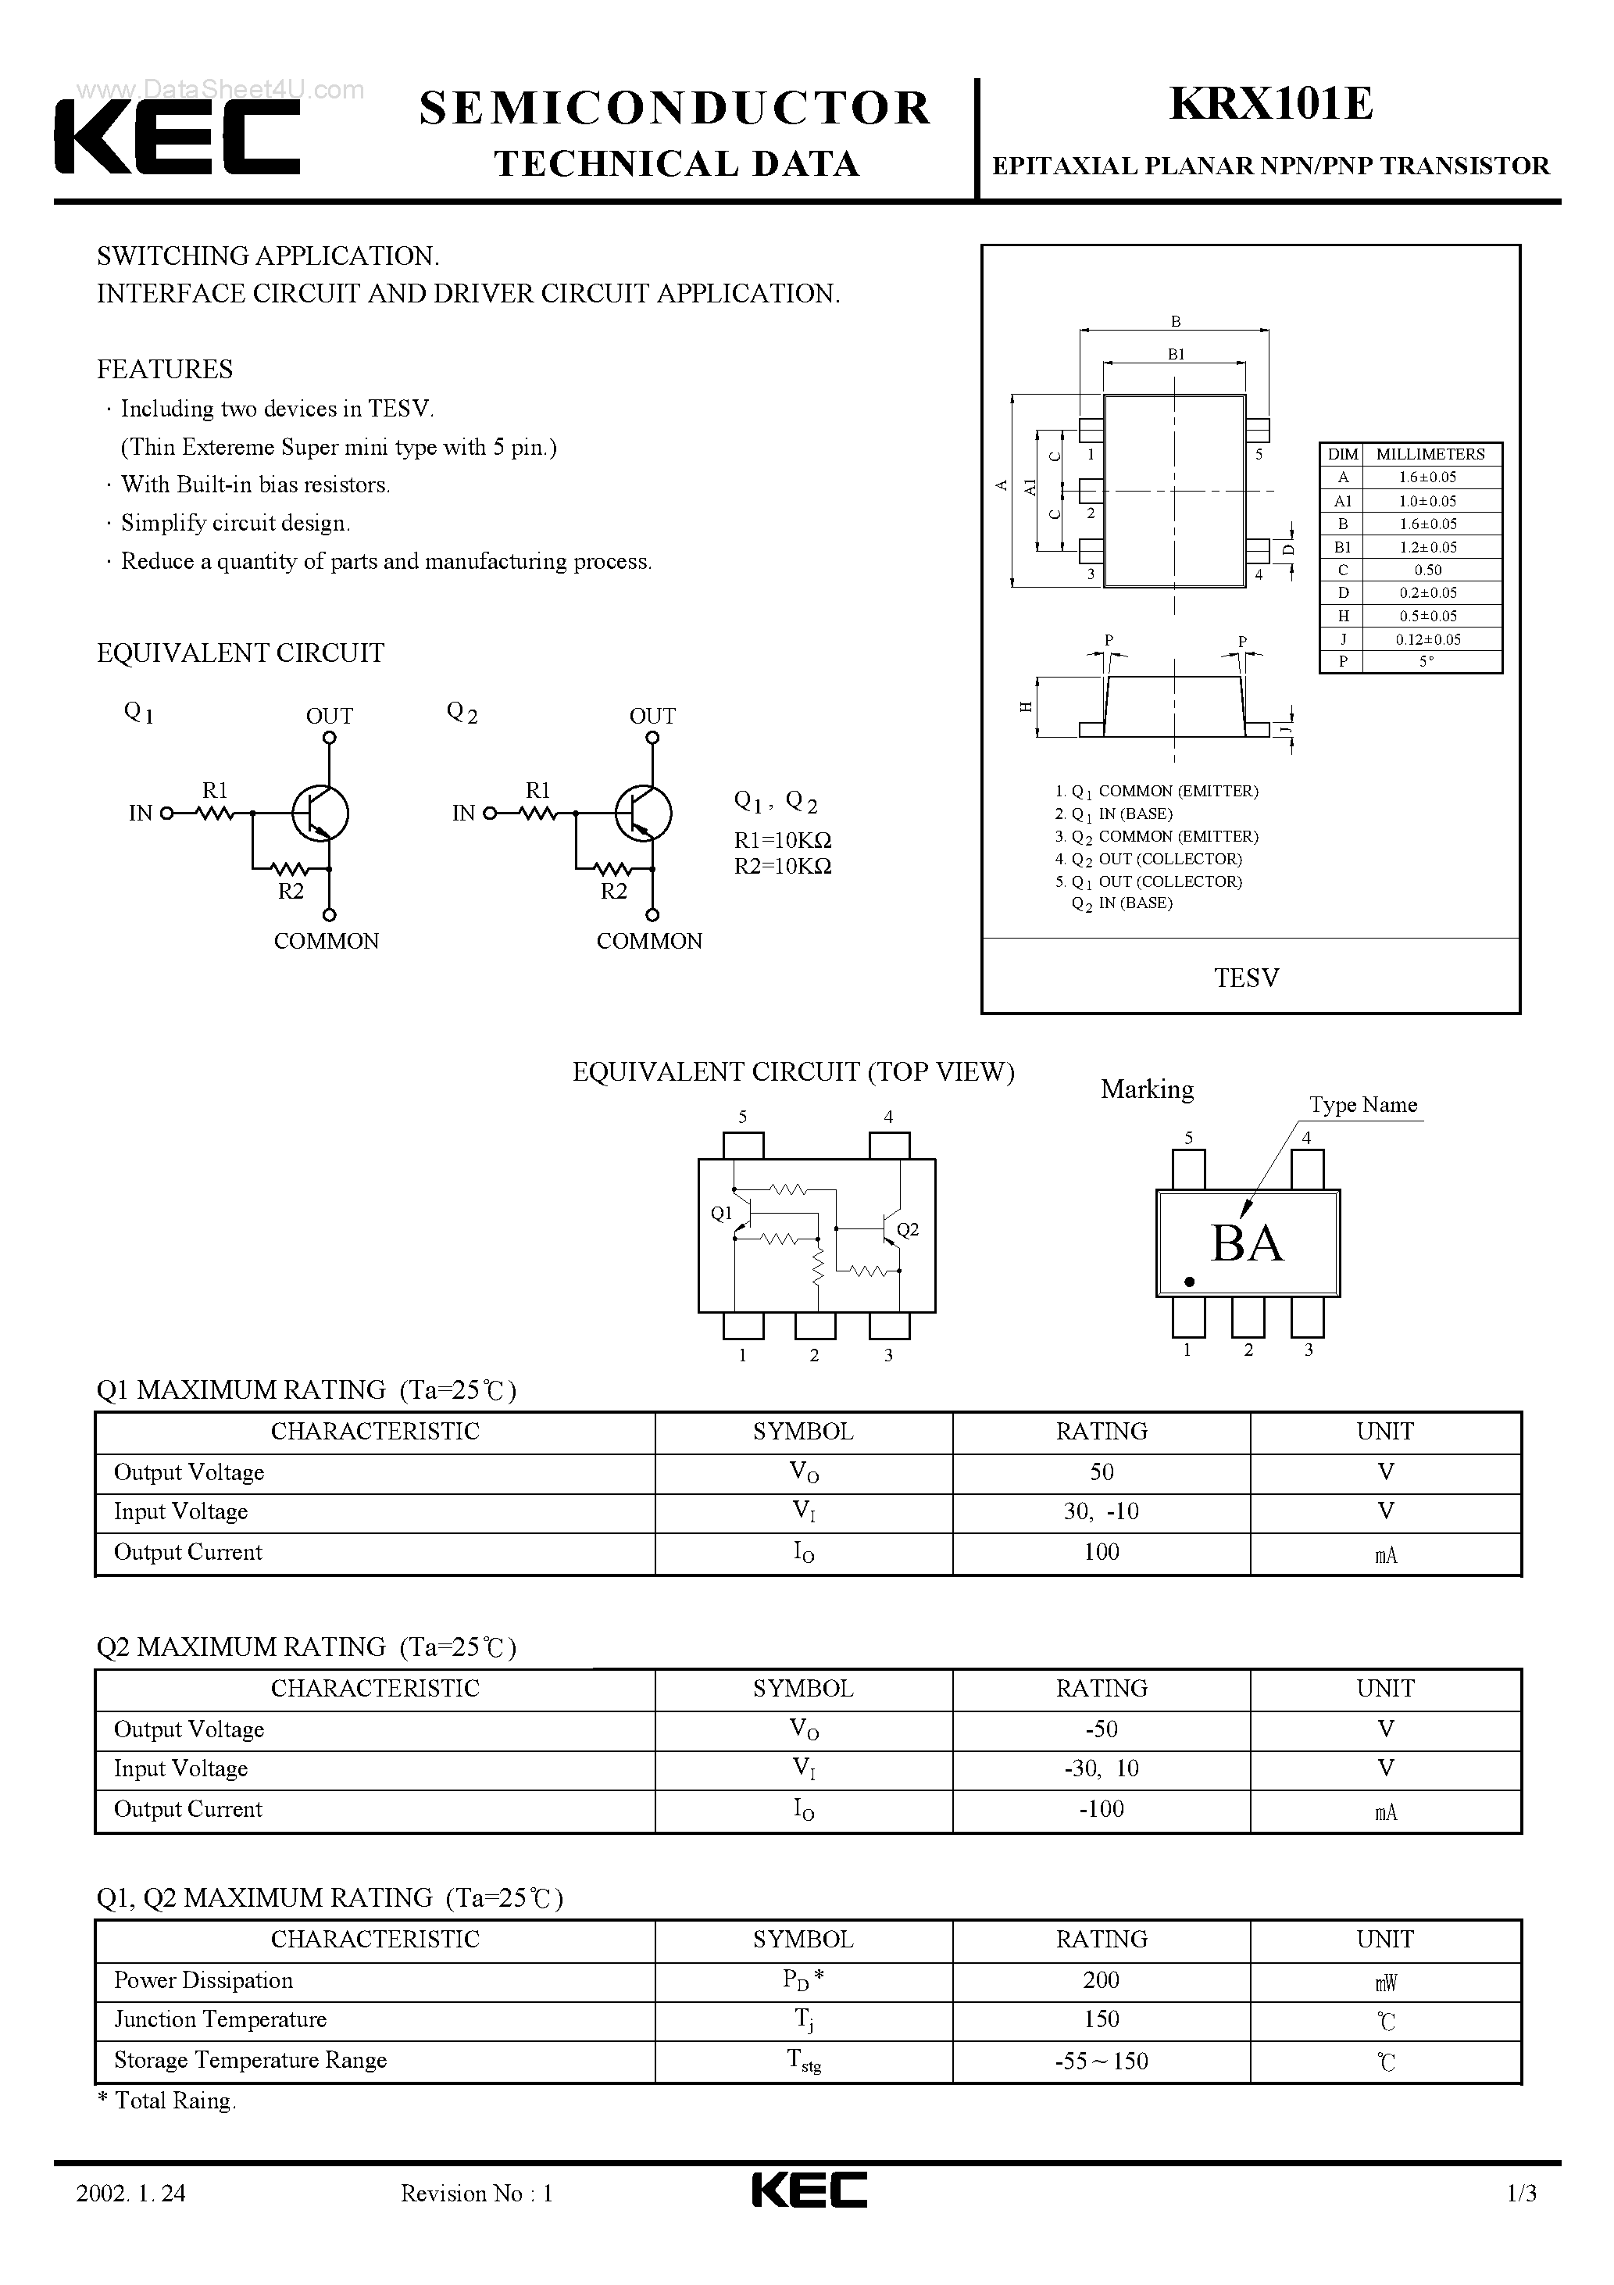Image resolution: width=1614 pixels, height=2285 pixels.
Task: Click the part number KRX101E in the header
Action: click(x=1271, y=105)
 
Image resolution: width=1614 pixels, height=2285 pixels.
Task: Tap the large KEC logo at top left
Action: click(x=177, y=139)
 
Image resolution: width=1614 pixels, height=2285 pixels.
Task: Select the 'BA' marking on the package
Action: click(x=1247, y=1243)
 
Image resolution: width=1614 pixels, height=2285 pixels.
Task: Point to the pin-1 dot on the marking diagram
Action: click(x=1189, y=1282)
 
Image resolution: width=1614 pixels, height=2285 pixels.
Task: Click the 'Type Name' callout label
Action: click(x=1362, y=1105)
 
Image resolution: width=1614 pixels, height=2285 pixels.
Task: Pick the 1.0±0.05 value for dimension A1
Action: click(x=1427, y=501)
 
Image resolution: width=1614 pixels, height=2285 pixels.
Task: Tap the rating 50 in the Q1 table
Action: click(x=1101, y=1472)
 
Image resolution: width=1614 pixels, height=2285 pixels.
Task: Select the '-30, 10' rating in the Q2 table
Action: click(x=1101, y=1768)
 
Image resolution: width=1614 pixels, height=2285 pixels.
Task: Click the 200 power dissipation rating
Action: click(x=1101, y=1980)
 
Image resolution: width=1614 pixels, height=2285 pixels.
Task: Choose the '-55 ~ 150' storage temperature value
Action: click(x=1101, y=2061)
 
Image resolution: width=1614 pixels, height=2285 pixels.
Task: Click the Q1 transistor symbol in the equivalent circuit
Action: click(x=320, y=813)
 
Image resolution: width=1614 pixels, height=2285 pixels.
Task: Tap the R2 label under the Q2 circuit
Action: click(x=614, y=892)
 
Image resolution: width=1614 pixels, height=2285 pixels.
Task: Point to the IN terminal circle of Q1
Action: click(x=166, y=813)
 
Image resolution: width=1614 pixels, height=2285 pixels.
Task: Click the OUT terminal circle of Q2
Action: click(x=653, y=738)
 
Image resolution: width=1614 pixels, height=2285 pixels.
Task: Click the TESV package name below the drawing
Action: click(x=1247, y=978)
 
